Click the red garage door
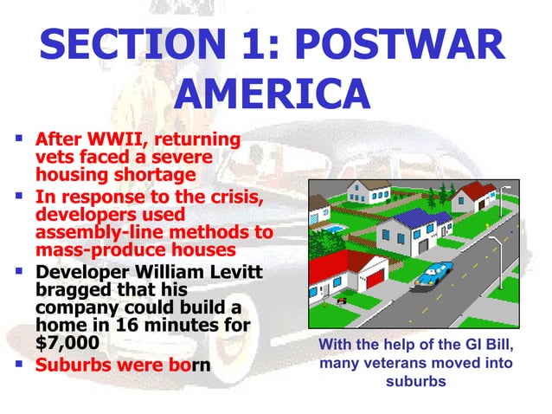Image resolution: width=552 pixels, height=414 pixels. click(375, 280)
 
